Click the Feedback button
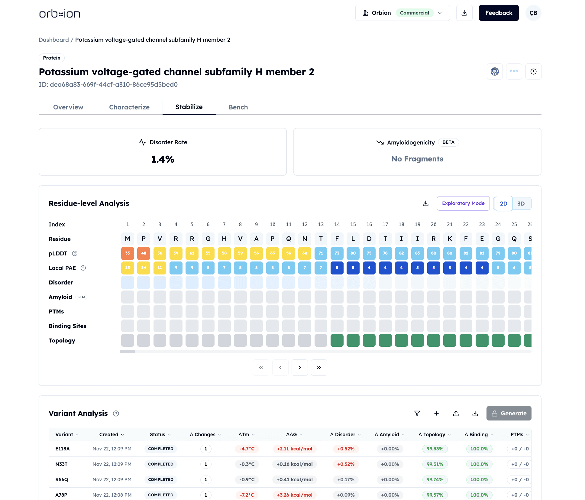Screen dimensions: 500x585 (499, 13)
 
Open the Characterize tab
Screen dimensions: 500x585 (129, 107)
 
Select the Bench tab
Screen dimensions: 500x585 (238, 107)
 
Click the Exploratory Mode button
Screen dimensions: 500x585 (463, 203)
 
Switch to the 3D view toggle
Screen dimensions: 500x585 (521, 203)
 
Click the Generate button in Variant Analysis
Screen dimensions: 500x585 (509, 413)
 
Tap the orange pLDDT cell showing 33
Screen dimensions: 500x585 (128, 253)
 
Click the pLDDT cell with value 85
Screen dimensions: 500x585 (417, 253)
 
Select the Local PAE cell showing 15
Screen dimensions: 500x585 (128, 268)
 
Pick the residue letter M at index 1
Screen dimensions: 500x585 (128, 239)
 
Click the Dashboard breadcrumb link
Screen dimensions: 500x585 (54, 40)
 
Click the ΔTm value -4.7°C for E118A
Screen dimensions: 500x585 (247, 449)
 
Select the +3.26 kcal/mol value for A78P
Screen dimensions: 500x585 (295, 495)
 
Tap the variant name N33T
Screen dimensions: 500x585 (61, 464)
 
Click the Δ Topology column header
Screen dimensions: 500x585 (434, 434)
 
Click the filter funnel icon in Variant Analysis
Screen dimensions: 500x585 (417, 413)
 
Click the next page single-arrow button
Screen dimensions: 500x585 (299, 368)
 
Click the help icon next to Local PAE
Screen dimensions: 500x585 (83, 268)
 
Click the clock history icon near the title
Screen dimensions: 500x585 (533, 72)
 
